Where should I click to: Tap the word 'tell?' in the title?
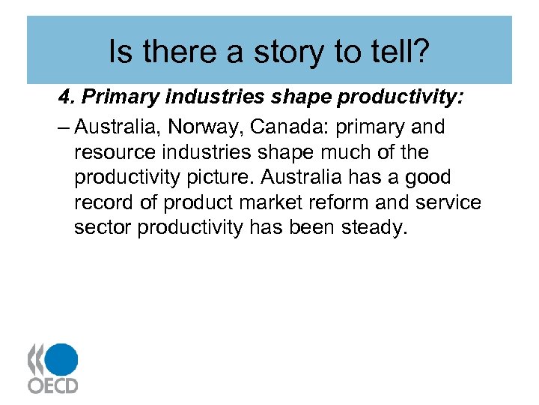[x=400, y=52]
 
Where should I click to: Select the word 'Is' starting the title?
[x=119, y=52]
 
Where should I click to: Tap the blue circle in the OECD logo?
[x=63, y=358]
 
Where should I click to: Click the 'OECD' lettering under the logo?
[x=52, y=385]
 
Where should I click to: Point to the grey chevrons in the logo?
[x=36, y=358]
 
